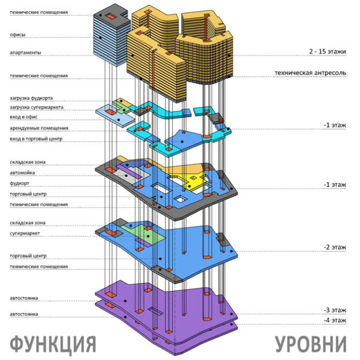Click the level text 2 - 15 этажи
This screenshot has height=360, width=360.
pos(327,52)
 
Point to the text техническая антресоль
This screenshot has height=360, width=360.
pos(310,73)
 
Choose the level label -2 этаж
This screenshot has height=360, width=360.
pos(335,247)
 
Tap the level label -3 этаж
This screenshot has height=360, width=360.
pos(335,310)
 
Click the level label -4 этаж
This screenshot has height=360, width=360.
pos(335,320)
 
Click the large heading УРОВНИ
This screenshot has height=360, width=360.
pos(310,343)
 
